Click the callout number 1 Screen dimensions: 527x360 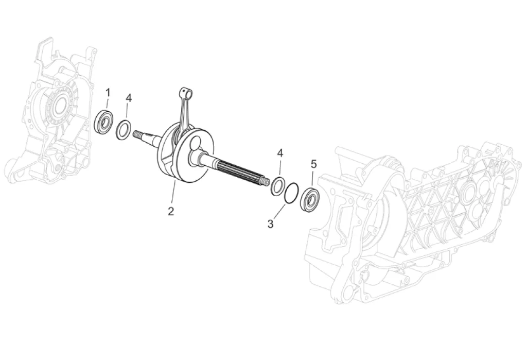(108, 92)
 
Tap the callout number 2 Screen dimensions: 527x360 (170, 211)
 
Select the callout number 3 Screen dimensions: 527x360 (271, 224)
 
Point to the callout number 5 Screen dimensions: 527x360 (313, 164)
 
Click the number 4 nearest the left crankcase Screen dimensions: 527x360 (129, 98)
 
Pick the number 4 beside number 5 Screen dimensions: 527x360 (280, 153)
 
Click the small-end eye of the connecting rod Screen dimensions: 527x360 (186, 93)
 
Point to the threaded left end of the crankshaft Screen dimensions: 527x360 (138, 135)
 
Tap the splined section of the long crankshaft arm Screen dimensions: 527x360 (242, 170)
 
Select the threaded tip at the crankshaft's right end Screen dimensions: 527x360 (266, 181)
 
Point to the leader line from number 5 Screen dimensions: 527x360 (313, 179)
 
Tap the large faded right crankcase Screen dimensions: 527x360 (412, 221)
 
